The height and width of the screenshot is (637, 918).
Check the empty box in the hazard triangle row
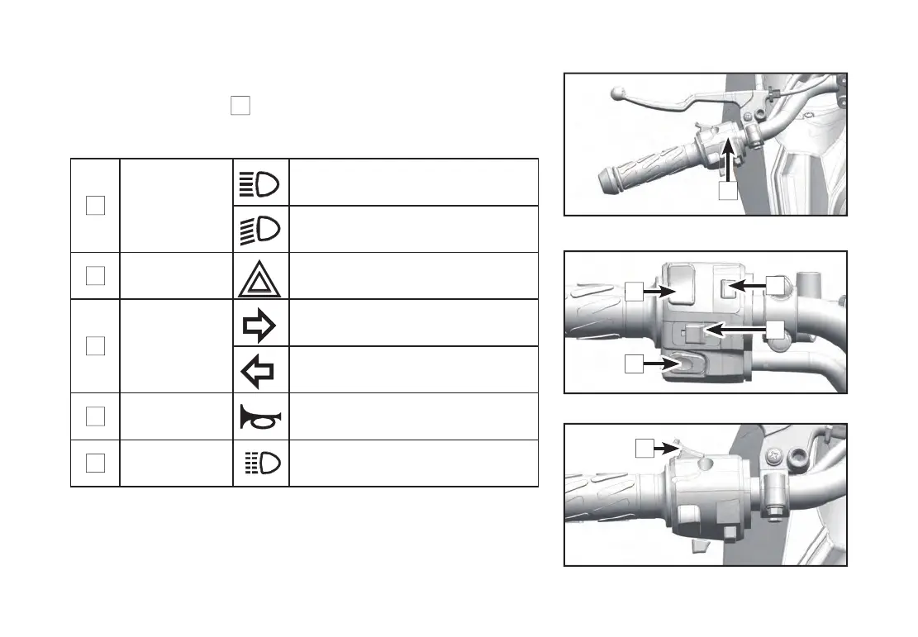click(x=95, y=276)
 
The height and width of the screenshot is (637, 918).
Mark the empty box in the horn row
click(x=95, y=416)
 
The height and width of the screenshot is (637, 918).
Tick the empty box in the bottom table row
click(x=95, y=463)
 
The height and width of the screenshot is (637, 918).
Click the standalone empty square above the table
click(x=240, y=106)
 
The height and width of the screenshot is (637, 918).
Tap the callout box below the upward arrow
click(x=727, y=191)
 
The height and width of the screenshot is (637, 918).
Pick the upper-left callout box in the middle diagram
click(x=634, y=291)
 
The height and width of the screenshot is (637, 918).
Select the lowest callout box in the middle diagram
click(x=634, y=363)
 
